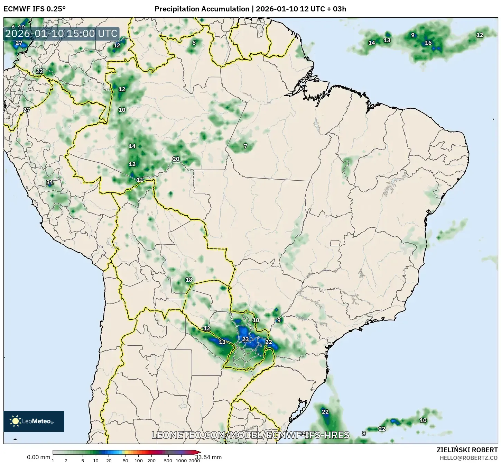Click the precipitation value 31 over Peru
pos(50,182)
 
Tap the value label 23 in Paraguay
pos(245,339)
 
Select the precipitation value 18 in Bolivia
pos(189,280)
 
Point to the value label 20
pos(176,159)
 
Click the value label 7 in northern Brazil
pos(245,146)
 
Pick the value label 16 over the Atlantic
pos(428,43)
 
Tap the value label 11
pos(140,180)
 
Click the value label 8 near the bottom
pos(364,434)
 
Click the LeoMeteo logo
pos(34,421)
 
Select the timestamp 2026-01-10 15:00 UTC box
pos(61,34)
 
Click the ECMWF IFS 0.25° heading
pos(34,9)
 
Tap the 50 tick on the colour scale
pos(126,460)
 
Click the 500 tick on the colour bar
pos(168,460)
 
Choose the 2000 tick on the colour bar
pos(194,460)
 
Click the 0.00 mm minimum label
pos(38,457)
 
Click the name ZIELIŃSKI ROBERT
pos(467,450)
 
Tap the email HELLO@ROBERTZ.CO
pos(468,457)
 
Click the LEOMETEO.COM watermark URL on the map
pos(250,435)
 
